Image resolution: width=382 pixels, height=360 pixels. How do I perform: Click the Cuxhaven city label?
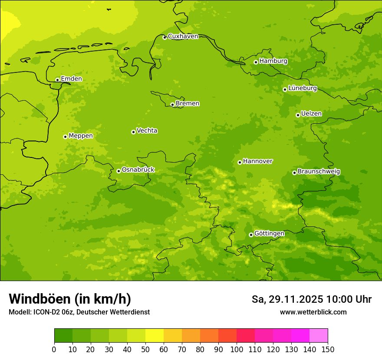tap(183, 36)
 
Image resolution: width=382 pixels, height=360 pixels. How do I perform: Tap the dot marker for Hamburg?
tap(256, 62)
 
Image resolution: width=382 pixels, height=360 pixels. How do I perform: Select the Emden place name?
tap(71, 79)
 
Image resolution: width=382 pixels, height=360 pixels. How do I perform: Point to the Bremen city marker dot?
tap(172, 105)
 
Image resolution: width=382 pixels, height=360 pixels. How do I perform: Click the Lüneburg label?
tap(303, 88)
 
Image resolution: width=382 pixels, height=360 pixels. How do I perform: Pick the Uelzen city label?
tap(311, 114)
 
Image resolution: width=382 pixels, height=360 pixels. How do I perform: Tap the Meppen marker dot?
tap(65, 137)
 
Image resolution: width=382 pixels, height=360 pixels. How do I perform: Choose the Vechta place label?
tap(147, 131)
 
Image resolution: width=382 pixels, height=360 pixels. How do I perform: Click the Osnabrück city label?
tap(138, 170)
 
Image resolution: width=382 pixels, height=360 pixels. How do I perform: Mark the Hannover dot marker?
tap(240, 162)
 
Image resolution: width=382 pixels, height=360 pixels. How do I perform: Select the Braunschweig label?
tap(319, 172)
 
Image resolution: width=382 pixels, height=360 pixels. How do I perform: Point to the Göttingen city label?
tap(269, 234)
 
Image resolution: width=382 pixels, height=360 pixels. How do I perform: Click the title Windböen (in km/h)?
tap(70, 299)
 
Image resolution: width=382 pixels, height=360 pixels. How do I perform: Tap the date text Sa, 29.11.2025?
tap(287, 299)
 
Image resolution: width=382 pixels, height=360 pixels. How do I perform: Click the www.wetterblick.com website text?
tap(313, 312)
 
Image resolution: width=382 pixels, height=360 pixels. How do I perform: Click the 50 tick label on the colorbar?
tap(145, 349)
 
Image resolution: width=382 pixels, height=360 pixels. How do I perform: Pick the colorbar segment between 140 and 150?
tap(319, 336)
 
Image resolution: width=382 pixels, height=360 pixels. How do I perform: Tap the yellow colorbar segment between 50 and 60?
tap(155, 336)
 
